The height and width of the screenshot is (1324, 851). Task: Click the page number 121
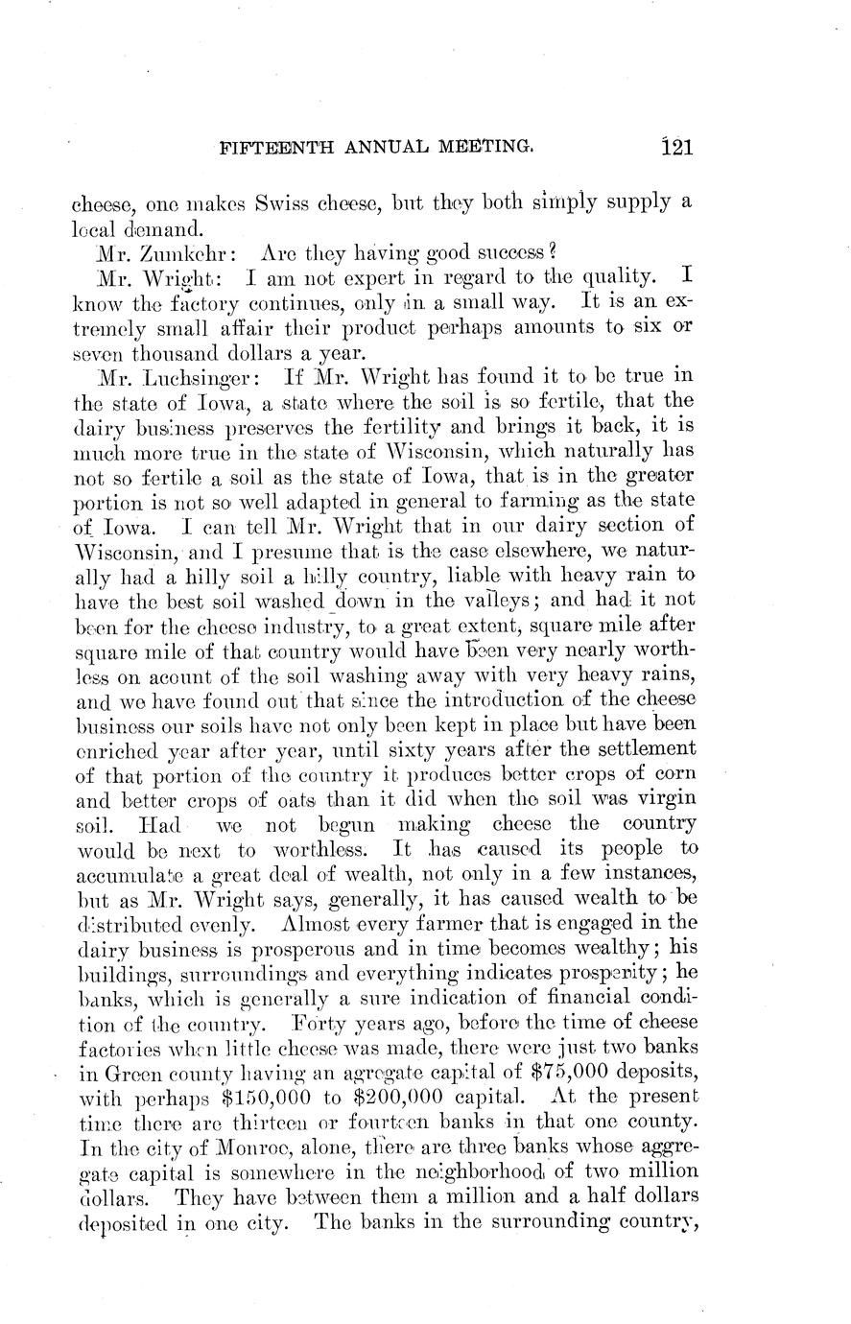click(x=676, y=148)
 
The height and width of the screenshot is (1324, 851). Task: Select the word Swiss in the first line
click(x=273, y=203)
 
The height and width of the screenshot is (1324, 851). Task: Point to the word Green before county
click(x=128, y=1070)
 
